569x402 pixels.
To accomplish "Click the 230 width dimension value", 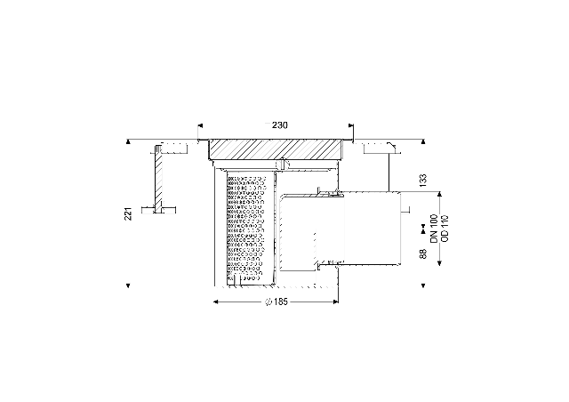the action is [280, 125].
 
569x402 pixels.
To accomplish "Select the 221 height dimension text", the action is [128, 213].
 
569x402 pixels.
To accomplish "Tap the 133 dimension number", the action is [423, 181].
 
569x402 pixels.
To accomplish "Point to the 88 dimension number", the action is [423, 253].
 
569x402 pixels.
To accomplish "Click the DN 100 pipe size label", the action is [435, 229].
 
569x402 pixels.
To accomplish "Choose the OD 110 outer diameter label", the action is [445, 229].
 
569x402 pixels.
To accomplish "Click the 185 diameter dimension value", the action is [281, 301].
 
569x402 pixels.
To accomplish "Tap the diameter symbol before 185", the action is [268, 301].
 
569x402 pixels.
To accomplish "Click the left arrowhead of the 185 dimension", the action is [215, 301].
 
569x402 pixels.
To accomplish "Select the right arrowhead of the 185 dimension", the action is [336, 301].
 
